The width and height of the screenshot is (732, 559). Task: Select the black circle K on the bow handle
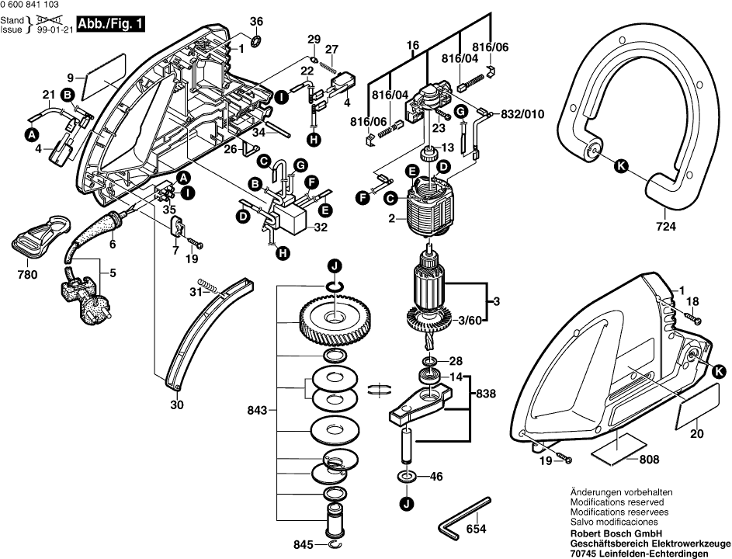click(619, 165)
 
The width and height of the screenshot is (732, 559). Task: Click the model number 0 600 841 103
click(35, 5)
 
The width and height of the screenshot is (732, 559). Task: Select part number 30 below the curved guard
click(176, 404)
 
